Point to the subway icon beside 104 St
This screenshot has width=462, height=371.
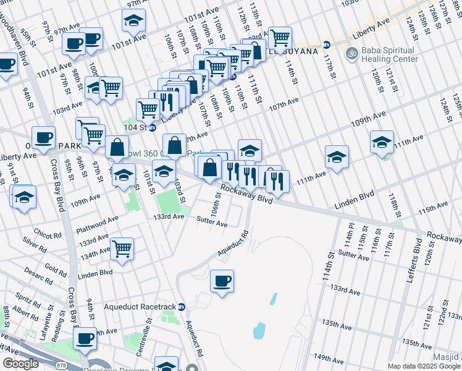tap(152, 127)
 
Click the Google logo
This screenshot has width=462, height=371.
tap(21, 364)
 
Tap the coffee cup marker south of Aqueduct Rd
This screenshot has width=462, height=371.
tap(222, 281)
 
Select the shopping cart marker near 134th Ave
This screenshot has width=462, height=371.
tap(122, 249)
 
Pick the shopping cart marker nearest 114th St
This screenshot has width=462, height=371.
tap(280, 38)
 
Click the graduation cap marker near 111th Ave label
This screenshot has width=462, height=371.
tap(337, 156)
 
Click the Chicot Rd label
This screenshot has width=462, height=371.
tap(48, 235)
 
